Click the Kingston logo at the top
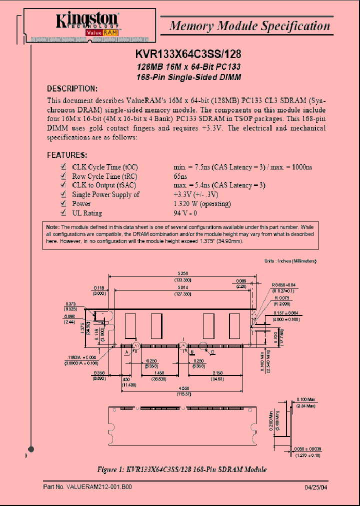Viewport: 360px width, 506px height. tap(87, 22)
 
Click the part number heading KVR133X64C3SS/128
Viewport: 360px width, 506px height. tap(188, 55)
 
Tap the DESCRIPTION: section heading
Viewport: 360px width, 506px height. tap(72, 88)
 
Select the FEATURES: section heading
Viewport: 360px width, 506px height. tap(67, 155)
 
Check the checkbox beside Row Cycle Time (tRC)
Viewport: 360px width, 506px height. tap(63, 176)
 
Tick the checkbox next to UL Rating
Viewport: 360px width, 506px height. tap(63, 212)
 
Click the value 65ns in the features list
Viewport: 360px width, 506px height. tap(180, 176)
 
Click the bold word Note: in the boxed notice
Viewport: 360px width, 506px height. tap(52, 227)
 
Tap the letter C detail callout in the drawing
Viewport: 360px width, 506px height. tap(212, 351)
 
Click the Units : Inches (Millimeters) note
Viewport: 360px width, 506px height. tap(290, 261)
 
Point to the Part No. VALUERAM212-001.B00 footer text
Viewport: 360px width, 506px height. tap(87, 486)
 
